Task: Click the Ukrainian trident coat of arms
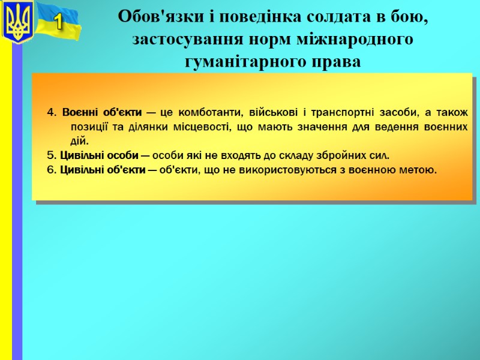point(17,22)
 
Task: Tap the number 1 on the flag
point(58,23)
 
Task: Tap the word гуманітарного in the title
point(248,62)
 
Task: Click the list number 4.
point(50,113)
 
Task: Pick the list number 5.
point(50,156)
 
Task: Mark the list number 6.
point(50,170)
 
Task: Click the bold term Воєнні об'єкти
point(102,113)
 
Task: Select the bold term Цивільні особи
point(100,156)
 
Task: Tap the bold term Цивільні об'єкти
point(103,170)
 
